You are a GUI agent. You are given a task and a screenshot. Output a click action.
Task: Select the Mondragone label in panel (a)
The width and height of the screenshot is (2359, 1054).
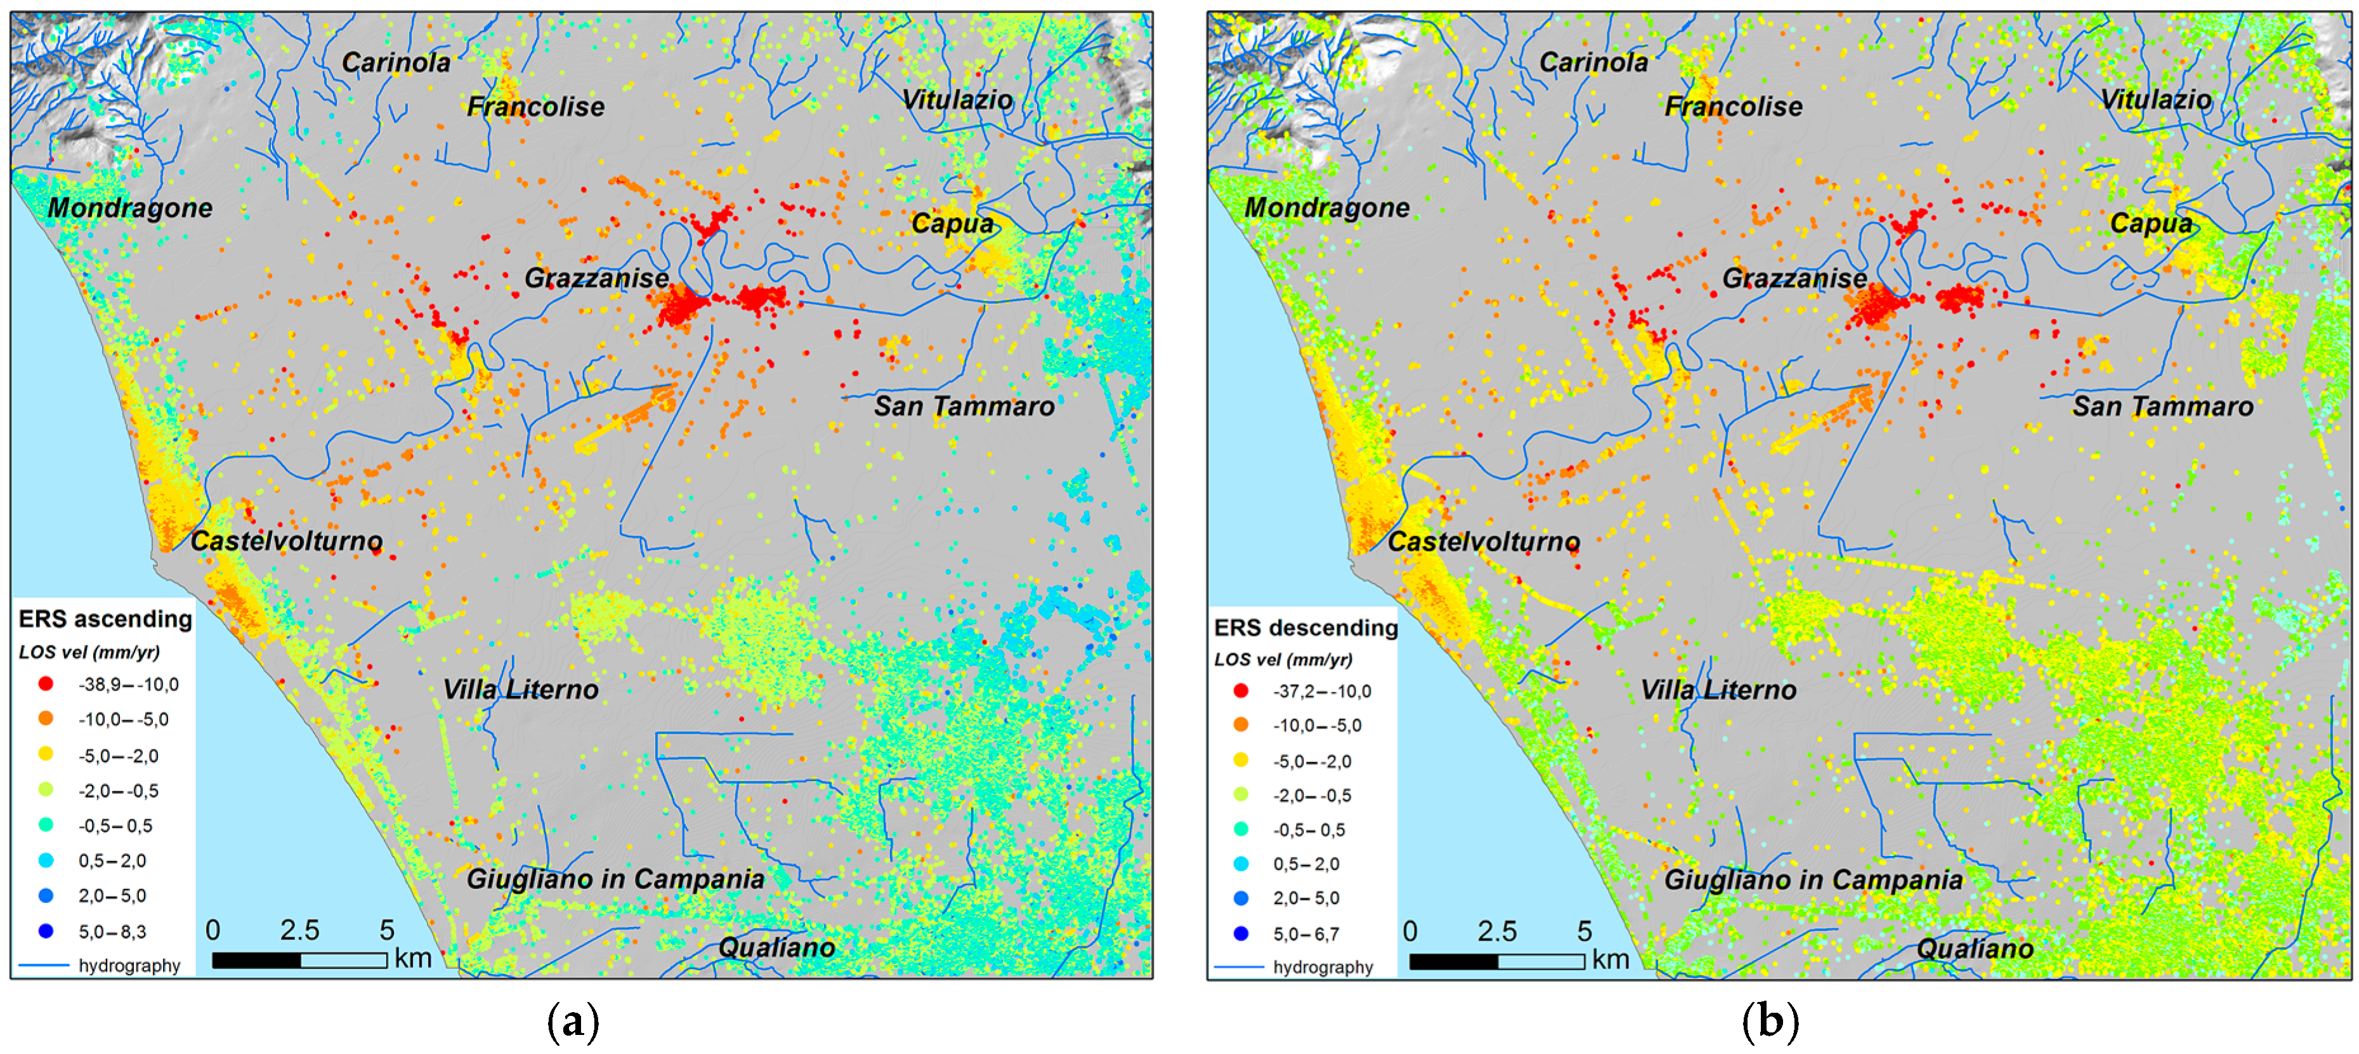point(130,208)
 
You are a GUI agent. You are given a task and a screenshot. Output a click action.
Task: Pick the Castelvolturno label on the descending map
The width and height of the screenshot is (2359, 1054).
point(1484,541)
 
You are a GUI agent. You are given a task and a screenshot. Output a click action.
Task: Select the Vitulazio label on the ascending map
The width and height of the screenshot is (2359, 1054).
point(957,100)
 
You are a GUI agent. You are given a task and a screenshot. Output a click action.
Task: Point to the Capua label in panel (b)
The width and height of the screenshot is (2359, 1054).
point(2150,223)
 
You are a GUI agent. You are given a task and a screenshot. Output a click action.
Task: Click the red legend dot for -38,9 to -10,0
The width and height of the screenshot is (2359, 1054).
point(46,684)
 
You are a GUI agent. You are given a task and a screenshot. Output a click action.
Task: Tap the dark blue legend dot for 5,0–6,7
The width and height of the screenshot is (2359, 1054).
point(1241,933)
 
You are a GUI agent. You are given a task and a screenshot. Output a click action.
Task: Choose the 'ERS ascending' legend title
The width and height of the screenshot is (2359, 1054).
point(105,619)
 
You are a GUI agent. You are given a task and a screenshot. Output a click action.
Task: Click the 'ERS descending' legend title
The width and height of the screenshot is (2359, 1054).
point(1305,628)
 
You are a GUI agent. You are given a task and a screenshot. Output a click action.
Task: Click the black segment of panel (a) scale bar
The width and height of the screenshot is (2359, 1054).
point(256,959)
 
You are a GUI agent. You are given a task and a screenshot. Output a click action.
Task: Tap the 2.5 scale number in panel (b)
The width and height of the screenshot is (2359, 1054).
point(1496,932)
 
